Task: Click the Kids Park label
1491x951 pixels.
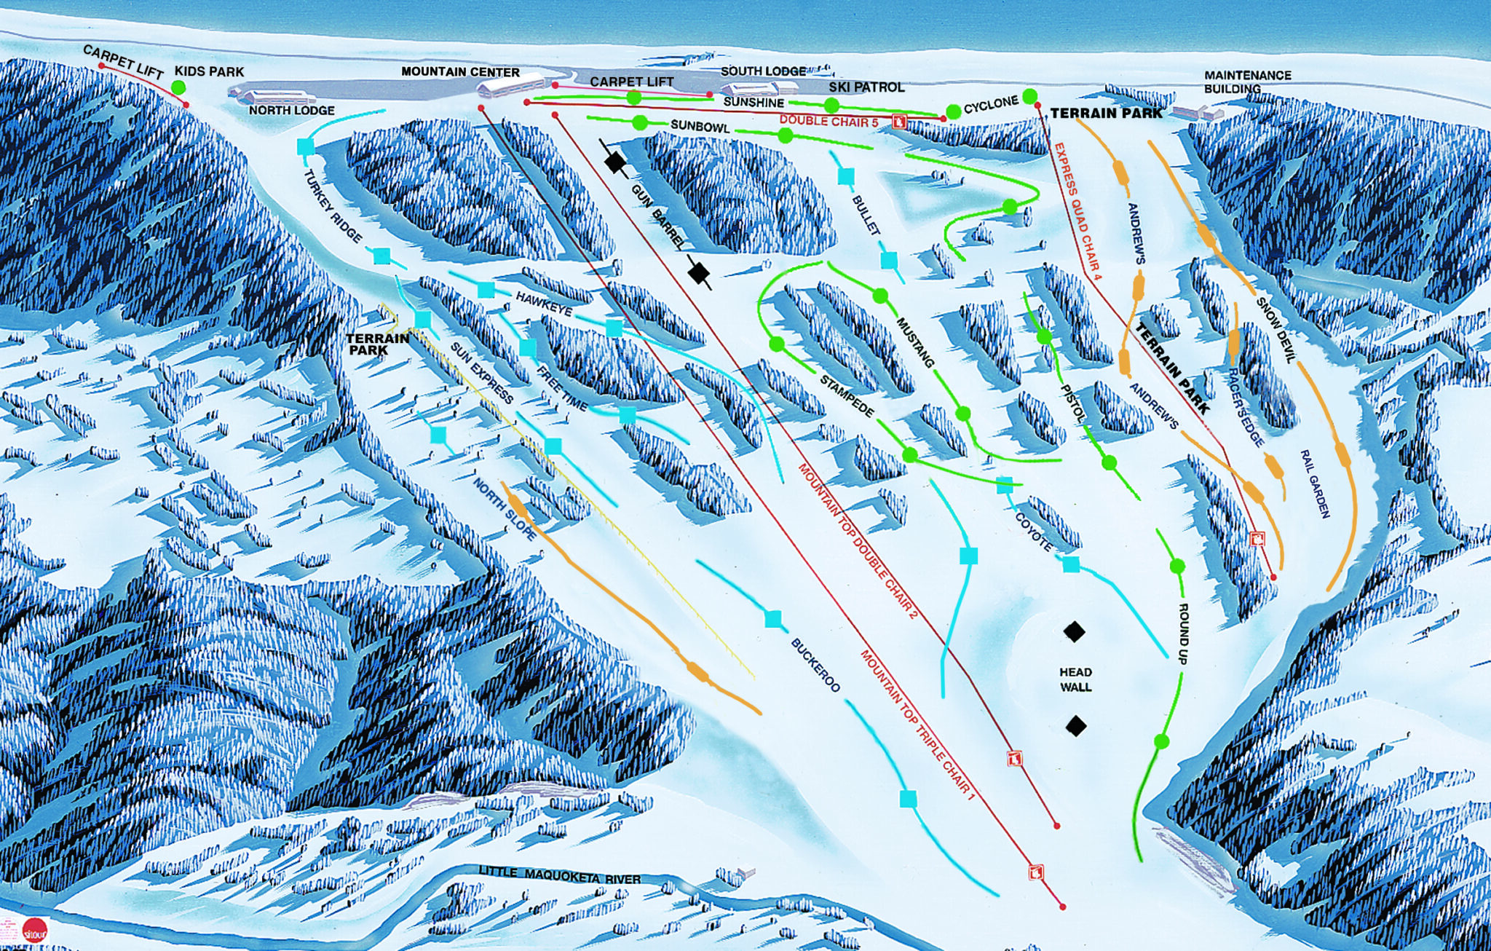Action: (x=209, y=71)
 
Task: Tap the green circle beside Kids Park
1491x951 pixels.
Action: (x=178, y=88)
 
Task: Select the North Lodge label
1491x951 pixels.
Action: (x=291, y=111)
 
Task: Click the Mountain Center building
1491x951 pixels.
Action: (x=510, y=85)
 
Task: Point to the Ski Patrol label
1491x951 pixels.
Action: (x=866, y=87)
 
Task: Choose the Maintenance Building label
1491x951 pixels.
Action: (x=1247, y=82)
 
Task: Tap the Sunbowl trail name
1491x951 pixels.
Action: (x=700, y=126)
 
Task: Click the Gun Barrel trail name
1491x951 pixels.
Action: (x=657, y=216)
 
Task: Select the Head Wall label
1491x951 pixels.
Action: (x=1075, y=679)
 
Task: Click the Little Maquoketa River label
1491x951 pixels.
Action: (x=559, y=875)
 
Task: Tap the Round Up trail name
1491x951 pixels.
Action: (x=1183, y=633)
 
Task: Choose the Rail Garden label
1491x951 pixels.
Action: (x=1315, y=484)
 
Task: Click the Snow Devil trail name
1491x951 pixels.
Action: (x=1276, y=330)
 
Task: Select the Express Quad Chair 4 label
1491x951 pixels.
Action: (x=1077, y=211)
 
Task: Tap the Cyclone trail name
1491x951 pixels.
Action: (x=991, y=105)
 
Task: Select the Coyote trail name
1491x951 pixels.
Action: (x=1033, y=532)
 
